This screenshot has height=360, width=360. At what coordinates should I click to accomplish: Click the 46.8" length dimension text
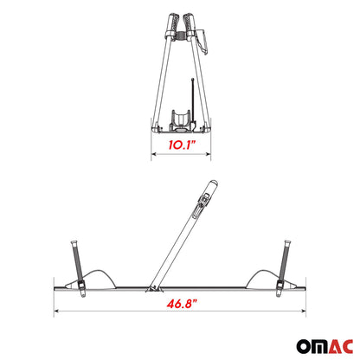(x=179, y=305)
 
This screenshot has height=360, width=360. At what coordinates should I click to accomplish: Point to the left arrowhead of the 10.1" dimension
(x=155, y=156)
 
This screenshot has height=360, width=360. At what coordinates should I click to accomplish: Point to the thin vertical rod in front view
(x=192, y=95)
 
